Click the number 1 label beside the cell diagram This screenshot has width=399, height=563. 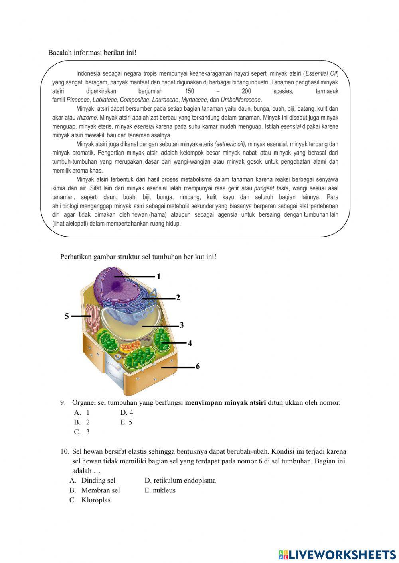click(158, 277)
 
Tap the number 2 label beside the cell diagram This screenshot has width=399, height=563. click(178, 298)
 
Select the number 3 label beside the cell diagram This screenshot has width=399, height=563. click(182, 325)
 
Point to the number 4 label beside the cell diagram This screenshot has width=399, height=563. click(190, 343)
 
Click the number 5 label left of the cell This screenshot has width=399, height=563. click(67, 316)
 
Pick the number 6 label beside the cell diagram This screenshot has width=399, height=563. click(198, 367)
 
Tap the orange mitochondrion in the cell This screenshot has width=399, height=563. click(130, 346)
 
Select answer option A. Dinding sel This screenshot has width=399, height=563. click(93, 481)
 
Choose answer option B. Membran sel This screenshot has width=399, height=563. click(95, 490)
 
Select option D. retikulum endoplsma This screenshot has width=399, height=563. click(180, 481)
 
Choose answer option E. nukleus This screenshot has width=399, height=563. click(160, 490)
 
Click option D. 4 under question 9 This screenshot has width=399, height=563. click(127, 413)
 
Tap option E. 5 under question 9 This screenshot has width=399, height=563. click(126, 422)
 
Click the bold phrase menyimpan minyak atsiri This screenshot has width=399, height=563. click(225, 402)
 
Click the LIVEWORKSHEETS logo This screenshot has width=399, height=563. click(337, 555)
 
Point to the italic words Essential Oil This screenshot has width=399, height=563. click(321, 74)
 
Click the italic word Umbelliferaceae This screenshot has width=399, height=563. click(241, 100)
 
